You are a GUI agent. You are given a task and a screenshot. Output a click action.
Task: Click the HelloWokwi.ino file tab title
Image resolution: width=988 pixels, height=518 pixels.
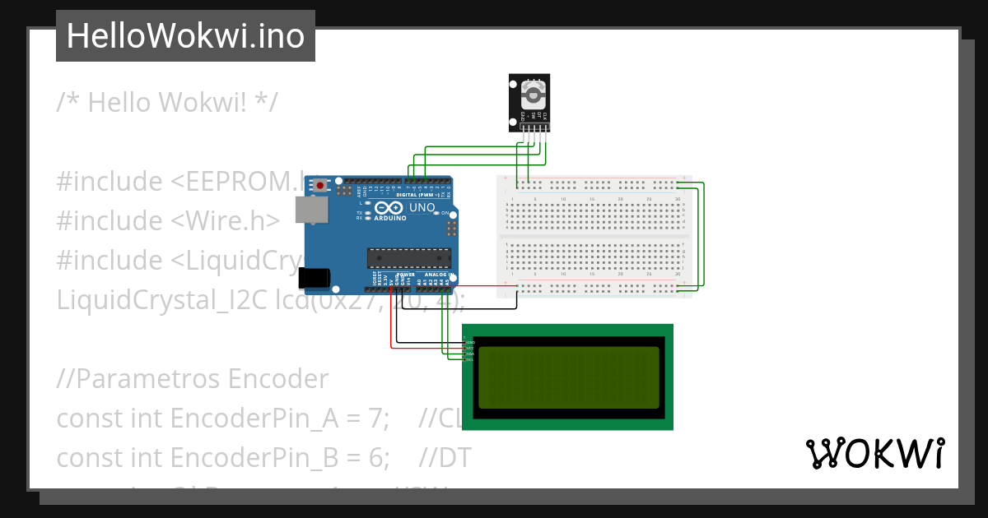click(185, 36)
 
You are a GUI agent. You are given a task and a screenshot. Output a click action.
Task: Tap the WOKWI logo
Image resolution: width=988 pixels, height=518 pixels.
click(874, 454)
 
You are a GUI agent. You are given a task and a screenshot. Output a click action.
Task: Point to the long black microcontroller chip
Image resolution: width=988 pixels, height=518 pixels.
click(408, 258)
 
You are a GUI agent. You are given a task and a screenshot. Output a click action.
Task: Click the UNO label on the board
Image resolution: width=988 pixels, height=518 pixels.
click(422, 208)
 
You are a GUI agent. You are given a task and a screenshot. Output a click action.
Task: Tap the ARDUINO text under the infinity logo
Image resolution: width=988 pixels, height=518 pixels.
click(390, 219)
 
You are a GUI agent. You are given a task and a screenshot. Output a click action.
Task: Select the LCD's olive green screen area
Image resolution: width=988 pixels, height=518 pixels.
click(568, 377)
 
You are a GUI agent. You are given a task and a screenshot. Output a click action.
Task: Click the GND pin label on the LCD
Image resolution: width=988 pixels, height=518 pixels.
click(470, 342)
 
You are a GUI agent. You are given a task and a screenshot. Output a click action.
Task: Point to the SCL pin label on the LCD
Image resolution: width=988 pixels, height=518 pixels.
click(470, 360)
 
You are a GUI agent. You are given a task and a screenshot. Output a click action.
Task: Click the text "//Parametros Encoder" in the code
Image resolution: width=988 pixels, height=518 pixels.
click(193, 379)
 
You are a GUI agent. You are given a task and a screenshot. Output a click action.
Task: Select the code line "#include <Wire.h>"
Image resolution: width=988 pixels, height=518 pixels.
click(168, 220)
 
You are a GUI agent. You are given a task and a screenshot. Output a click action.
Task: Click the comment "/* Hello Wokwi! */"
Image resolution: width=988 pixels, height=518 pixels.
click(167, 103)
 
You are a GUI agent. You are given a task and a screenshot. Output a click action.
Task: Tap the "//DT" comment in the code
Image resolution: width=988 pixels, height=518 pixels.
click(445, 458)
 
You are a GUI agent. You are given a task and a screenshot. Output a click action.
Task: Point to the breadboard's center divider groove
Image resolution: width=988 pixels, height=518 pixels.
click(594, 237)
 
